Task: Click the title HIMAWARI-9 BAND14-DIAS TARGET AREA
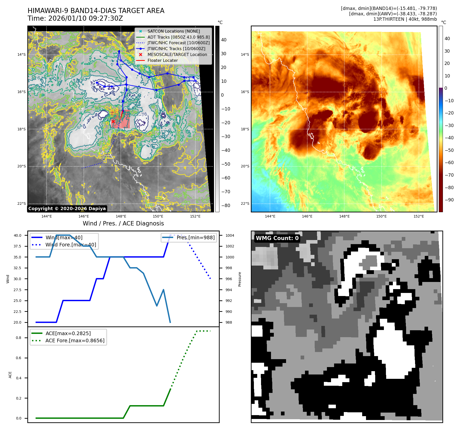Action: tap(96, 11)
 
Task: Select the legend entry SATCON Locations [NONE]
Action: tap(173, 31)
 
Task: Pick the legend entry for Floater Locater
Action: tap(162, 60)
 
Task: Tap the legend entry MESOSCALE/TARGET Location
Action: tap(177, 54)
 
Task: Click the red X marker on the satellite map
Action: tap(113, 121)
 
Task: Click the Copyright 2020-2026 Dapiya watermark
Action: tap(67, 209)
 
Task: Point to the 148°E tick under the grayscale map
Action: tap(121, 216)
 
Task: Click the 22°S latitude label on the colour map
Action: tap(245, 203)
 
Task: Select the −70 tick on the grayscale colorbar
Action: tap(226, 192)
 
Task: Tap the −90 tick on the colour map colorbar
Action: tap(449, 200)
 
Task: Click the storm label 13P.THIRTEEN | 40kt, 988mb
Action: tap(405, 19)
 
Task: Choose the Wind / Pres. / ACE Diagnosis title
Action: tap(123, 223)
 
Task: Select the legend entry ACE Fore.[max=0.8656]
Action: tap(75, 340)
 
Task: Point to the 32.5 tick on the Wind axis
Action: tap(17, 268)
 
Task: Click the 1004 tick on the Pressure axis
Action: tap(230, 235)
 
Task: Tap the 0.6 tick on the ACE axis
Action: tap(19, 358)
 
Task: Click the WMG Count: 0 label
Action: tap(277, 238)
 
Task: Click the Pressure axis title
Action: tap(240, 279)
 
